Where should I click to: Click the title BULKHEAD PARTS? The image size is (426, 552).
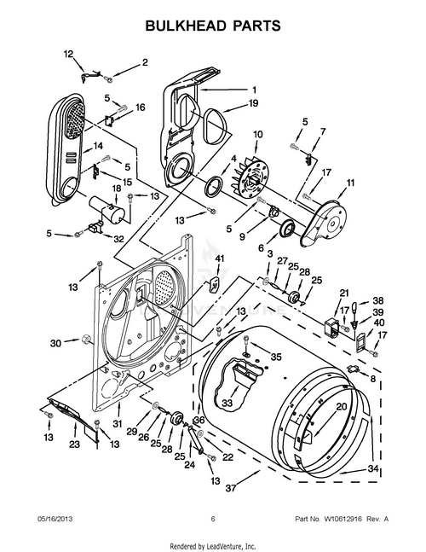(x=213, y=27)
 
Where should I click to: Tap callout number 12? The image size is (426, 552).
(x=69, y=54)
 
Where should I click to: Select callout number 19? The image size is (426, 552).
(x=253, y=103)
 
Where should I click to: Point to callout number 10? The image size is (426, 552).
(x=258, y=134)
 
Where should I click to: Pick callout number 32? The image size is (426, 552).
(x=118, y=238)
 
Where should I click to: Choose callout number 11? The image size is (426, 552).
(x=350, y=183)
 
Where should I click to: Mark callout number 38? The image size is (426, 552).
(x=378, y=300)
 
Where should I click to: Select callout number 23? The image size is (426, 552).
(x=74, y=444)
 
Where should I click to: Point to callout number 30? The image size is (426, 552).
(x=55, y=343)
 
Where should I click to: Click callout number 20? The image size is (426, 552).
(x=340, y=407)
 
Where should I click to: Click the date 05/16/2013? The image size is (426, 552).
(x=55, y=518)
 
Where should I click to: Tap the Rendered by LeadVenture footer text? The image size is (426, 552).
(x=213, y=544)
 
